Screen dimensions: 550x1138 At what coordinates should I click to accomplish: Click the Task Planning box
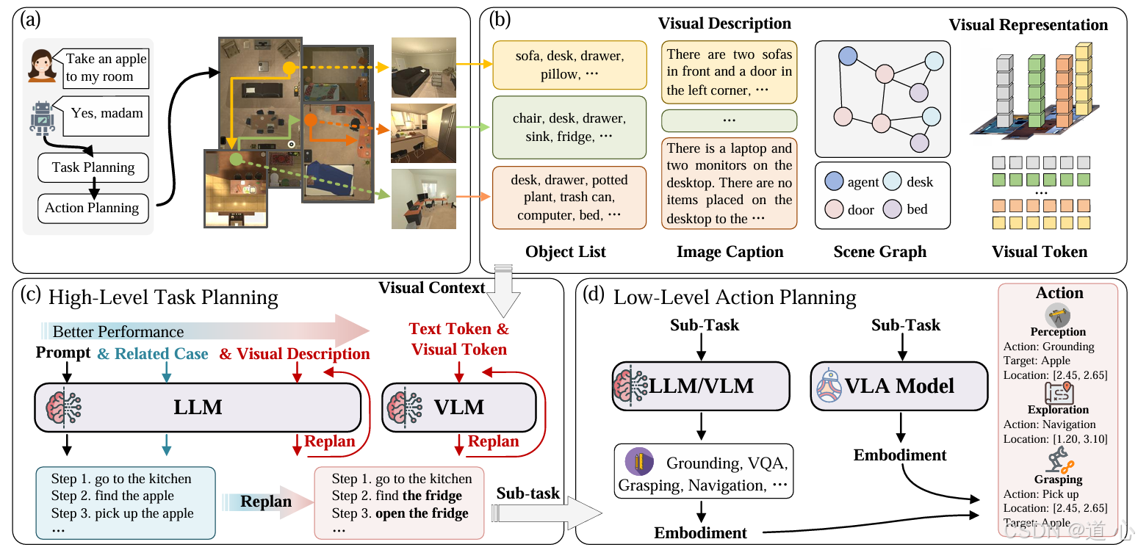(93, 167)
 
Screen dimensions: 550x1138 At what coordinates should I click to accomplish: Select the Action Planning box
(93, 208)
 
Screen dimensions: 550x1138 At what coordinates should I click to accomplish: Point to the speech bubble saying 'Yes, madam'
(107, 113)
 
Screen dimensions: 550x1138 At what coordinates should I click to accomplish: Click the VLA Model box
(900, 386)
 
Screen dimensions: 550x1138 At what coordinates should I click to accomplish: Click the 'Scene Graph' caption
(879, 252)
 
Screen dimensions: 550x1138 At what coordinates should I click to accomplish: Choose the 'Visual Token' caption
(1039, 252)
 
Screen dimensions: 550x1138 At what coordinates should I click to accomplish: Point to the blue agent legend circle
(834, 182)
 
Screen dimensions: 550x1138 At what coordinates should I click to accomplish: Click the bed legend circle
(893, 209)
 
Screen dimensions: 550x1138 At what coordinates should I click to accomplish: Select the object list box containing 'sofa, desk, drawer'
(569, 65)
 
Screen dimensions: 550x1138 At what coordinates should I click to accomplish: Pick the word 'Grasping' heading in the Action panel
(1058, 480)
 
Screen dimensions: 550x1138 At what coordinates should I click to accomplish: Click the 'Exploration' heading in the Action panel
(1058, 410)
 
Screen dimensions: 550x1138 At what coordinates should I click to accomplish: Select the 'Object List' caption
(565, 252)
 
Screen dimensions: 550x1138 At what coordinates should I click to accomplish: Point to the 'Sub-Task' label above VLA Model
(905, 324)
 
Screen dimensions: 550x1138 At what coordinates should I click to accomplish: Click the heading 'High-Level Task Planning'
(163, 297)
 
